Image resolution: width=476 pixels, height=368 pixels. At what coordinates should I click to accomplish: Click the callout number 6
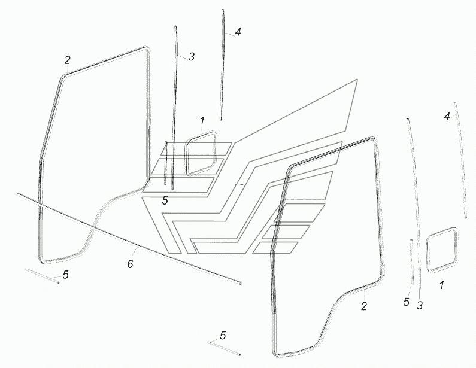tap(130, 264)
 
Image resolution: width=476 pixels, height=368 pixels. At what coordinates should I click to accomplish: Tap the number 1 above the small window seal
tap(202, 121)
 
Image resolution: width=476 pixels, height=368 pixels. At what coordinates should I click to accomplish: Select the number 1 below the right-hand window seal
tap(442, 285)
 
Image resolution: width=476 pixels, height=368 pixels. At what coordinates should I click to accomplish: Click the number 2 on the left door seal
tap(68, 60)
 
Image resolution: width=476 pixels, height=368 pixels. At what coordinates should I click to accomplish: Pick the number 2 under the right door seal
tap(364, 306)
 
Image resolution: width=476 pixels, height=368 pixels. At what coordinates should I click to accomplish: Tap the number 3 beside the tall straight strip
tap(191, 56)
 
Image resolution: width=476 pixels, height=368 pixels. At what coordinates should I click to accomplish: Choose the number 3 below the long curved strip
tap(420, 305)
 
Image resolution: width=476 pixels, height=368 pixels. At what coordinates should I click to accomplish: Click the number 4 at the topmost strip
tap(238, 32)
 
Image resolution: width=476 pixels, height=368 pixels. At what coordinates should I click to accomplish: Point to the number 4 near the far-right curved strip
tap(447, 116)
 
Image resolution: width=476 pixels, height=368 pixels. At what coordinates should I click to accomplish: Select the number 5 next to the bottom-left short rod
tap(66, 275)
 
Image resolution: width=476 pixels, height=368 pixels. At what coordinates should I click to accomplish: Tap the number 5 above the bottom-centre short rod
tap(223, 336)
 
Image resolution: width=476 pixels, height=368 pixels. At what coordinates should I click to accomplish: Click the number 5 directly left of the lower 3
tap(407, 302)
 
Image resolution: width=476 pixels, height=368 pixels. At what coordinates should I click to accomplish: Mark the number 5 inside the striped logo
tap(165, 200)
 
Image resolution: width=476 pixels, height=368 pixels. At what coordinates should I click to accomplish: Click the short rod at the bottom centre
tap(225, 348)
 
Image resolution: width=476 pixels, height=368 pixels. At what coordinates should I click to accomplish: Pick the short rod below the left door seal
tap(42, 276)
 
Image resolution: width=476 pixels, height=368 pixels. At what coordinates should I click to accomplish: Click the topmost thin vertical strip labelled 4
tap(223, 65)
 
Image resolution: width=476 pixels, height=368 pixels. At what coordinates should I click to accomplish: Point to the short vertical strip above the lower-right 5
tap(412, 263)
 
